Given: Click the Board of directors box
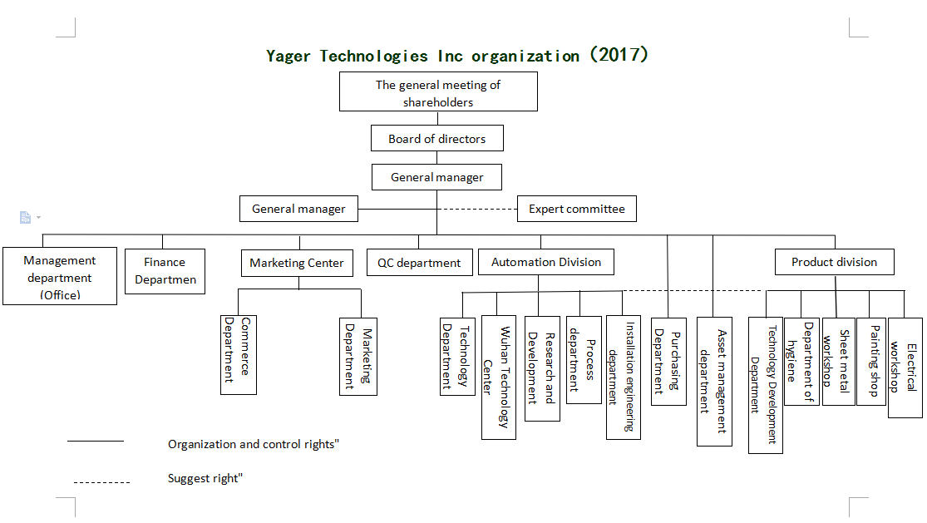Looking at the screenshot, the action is pos(437,138).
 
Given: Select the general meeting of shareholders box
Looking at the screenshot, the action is pos(438,91).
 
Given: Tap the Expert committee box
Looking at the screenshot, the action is pos(576,209).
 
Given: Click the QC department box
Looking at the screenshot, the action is pos(418,263).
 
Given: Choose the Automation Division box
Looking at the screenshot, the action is pos(545,262).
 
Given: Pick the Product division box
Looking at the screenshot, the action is pos(834,262).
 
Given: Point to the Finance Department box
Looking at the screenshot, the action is pos(165,271).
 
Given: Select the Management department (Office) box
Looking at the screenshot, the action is pos(60,276).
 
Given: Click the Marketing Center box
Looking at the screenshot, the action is pos(297,263).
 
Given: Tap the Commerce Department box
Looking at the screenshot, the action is pos(239,354).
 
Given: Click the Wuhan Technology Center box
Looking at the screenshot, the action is pos(498,377).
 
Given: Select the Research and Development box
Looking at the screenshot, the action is pos(541,368).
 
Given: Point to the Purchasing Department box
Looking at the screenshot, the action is pos(668,362).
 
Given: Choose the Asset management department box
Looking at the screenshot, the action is pos(714,382).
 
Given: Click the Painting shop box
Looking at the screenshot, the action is pos(870,362).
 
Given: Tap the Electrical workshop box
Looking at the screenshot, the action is pos(905,368).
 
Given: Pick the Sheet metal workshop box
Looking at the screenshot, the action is pos(838,362).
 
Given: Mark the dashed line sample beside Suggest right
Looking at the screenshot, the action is pos(101,482).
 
